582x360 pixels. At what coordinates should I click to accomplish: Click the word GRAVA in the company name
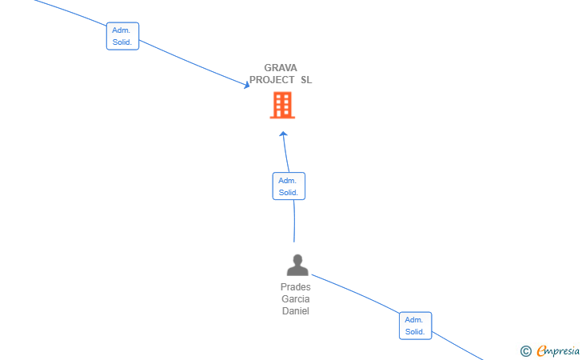[281, 68]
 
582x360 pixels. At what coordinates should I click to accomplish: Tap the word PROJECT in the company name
[272, 80]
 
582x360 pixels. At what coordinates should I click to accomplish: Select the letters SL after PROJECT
[306, 80]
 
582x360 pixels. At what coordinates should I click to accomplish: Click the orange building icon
[282, 106]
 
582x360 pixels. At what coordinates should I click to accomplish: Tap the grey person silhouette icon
[297, 265]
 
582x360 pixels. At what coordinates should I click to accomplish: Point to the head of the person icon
[297, 259]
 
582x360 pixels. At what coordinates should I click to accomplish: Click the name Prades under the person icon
[296, 287]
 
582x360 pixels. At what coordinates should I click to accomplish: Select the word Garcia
[296, 299]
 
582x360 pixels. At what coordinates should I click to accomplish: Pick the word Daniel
[296, 311]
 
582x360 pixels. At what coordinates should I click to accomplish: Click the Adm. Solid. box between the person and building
[289, 186]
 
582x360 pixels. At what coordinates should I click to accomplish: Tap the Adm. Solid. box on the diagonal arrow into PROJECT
[122, 36]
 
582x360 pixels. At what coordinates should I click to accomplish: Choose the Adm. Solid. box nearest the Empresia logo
[416, 326]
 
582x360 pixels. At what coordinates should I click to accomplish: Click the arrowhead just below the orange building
[283, 134]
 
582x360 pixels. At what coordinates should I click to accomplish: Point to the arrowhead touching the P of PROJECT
[246, 86]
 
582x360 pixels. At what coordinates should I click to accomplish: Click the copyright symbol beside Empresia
[526, 351]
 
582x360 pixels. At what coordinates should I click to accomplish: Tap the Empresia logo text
[558, 351]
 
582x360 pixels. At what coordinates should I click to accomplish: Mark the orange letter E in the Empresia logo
[541, 351]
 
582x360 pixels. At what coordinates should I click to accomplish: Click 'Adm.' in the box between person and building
[288, 181]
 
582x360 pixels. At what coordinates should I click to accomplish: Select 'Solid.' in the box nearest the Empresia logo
[415, 332]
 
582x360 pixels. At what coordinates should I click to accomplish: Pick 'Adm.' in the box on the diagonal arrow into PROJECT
[122, 30]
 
